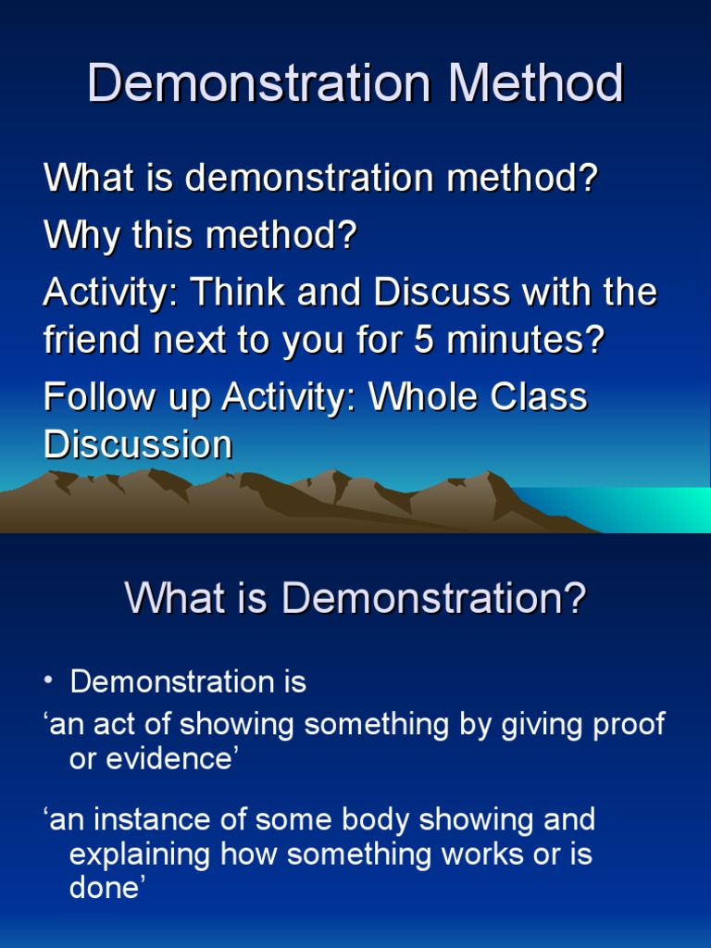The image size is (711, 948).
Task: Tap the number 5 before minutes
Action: click(x=424, y=340)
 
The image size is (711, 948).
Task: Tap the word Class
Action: click(x=545, y=396)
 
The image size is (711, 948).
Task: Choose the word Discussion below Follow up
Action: click(x=138, y=444)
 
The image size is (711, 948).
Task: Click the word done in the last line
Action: click(x=104, y=888)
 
